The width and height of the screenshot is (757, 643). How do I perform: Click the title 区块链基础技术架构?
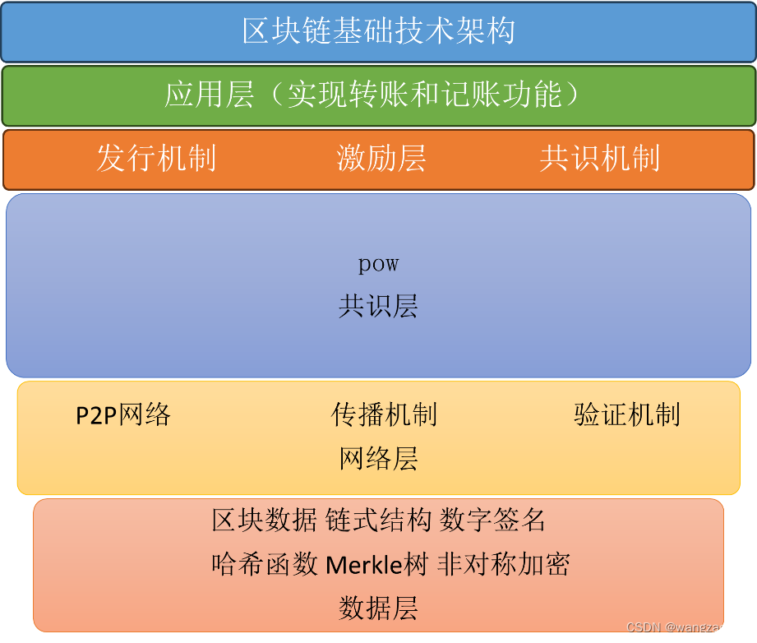378,30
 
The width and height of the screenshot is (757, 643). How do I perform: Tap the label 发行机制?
156,158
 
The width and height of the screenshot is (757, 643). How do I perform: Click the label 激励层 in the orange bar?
381,158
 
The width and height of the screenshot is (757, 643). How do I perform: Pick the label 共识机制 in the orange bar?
600,158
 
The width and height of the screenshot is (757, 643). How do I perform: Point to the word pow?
378,264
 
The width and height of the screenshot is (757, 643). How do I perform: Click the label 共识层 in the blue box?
378,306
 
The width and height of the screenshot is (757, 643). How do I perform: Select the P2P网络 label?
123,415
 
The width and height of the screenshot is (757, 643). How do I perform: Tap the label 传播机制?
384,414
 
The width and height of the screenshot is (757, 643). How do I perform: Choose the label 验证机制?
627,414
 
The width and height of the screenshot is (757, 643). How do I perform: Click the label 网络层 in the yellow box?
378,458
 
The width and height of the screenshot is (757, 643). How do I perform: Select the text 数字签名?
492,520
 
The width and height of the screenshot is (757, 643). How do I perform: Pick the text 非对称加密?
504,564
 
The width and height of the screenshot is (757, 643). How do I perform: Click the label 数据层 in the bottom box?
378,608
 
